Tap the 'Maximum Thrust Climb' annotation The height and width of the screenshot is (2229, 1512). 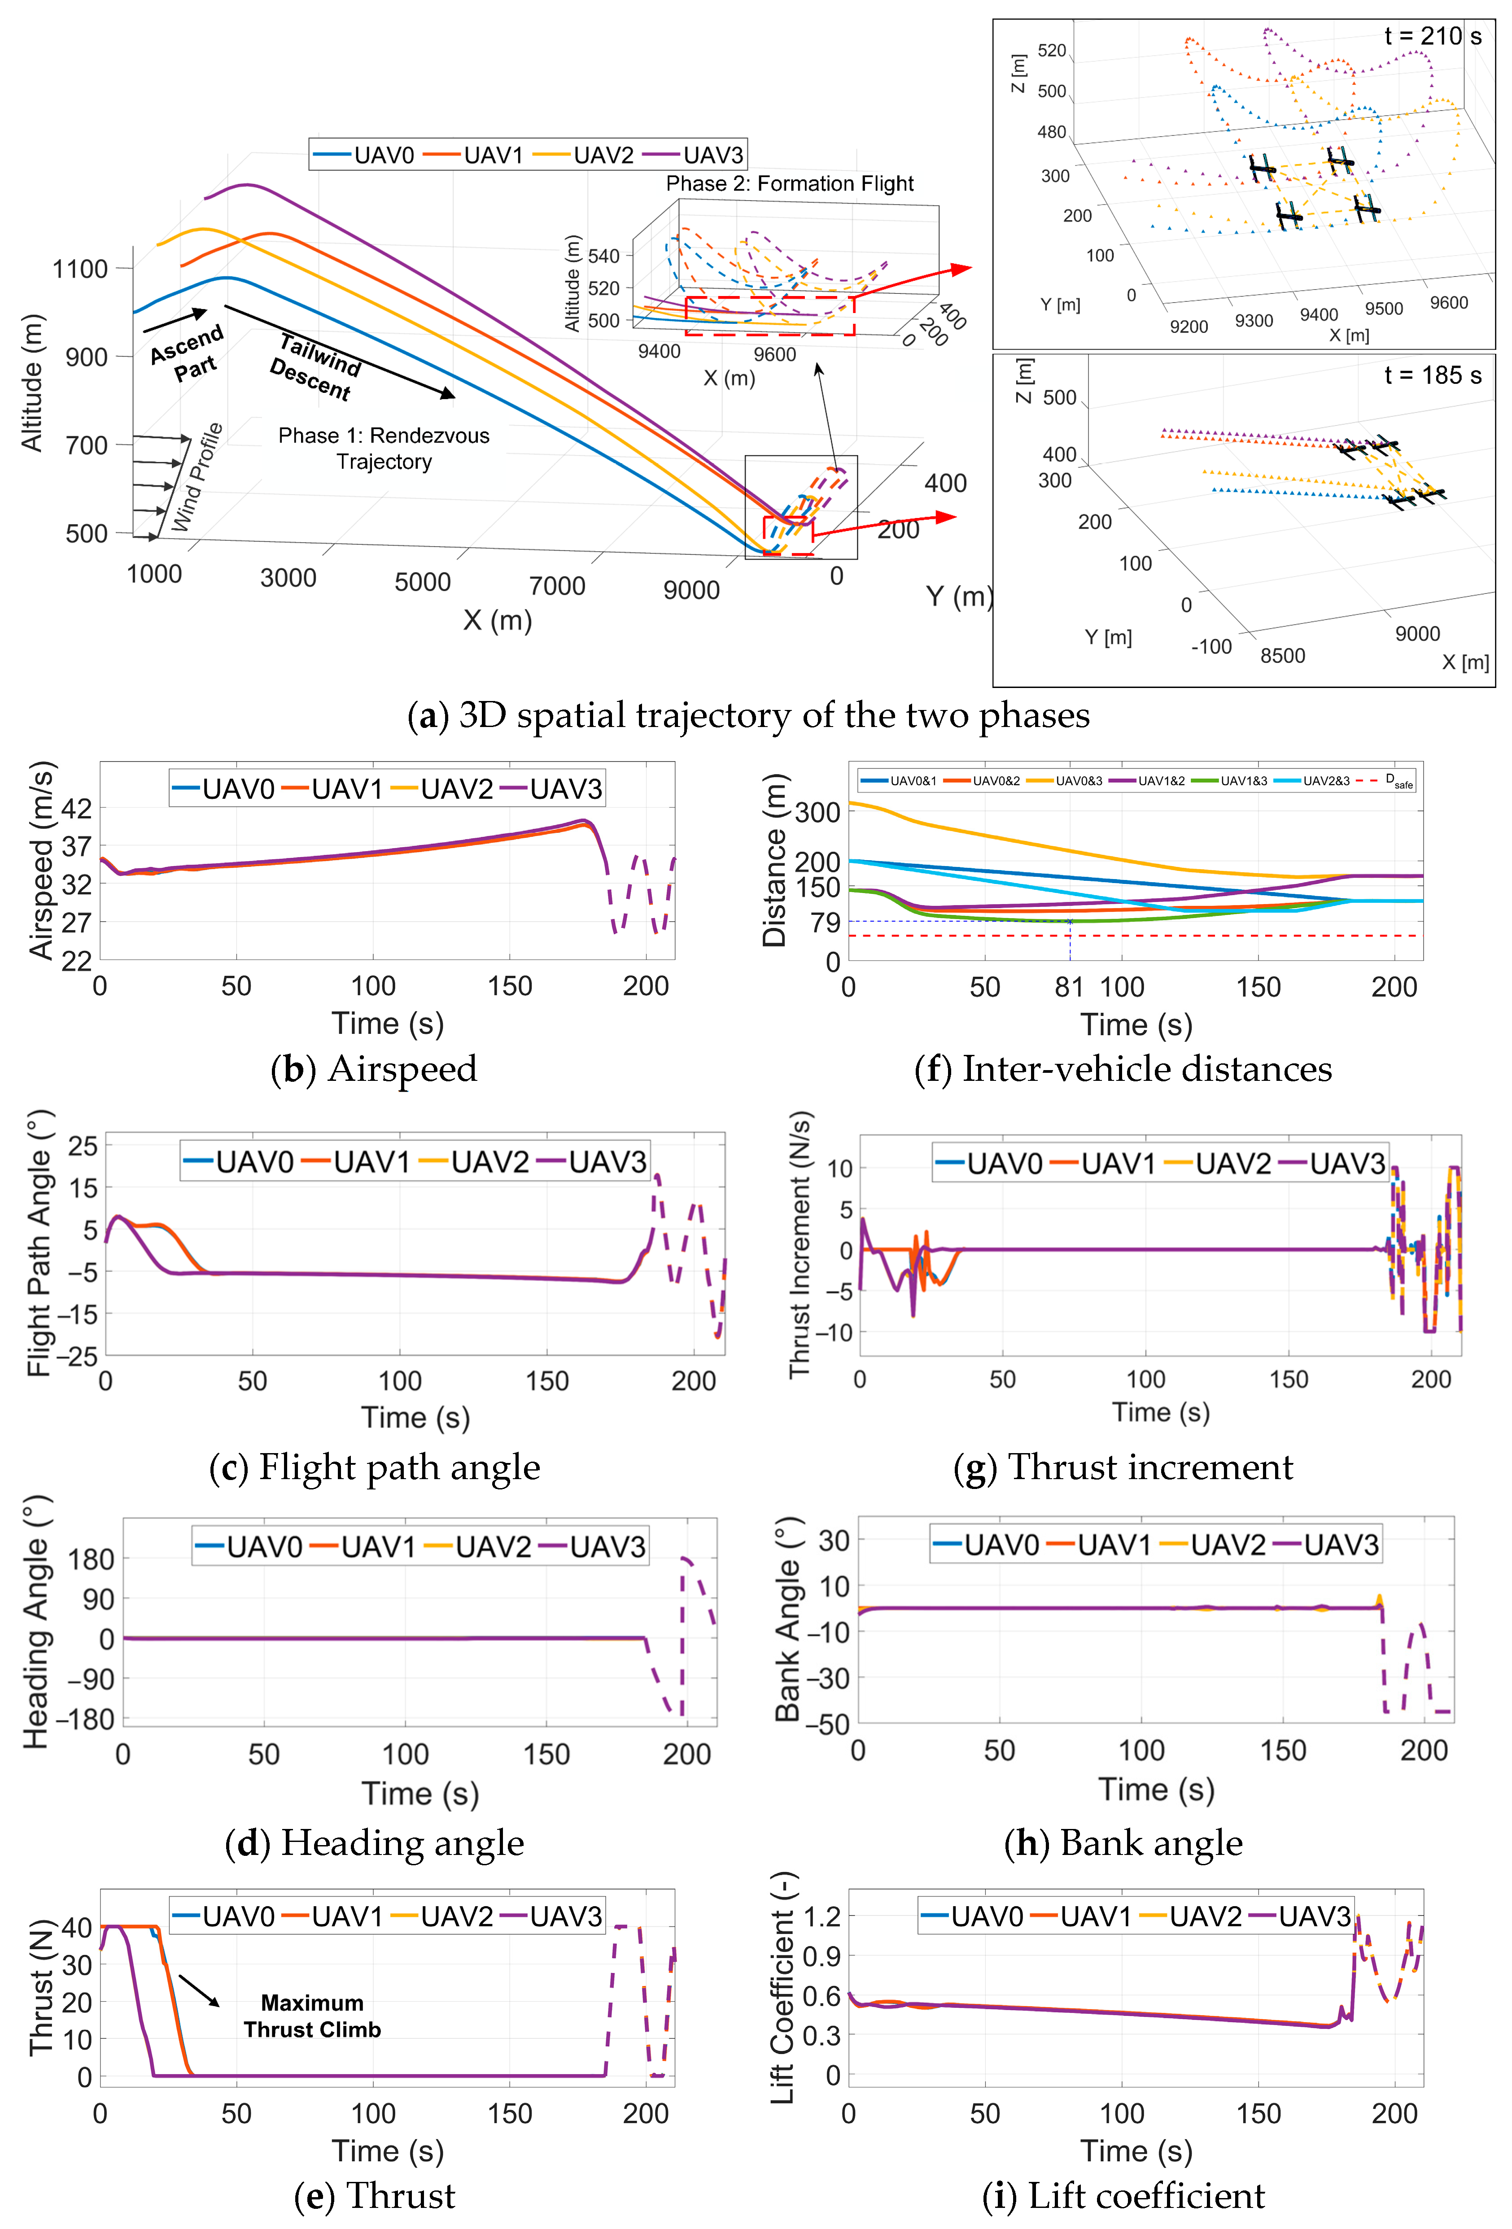point(312,2016)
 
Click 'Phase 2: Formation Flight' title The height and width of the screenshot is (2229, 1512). point(790,183)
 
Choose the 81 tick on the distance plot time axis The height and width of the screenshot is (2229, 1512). point(1069,987)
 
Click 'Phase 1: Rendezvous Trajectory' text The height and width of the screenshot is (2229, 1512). point(384,448)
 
